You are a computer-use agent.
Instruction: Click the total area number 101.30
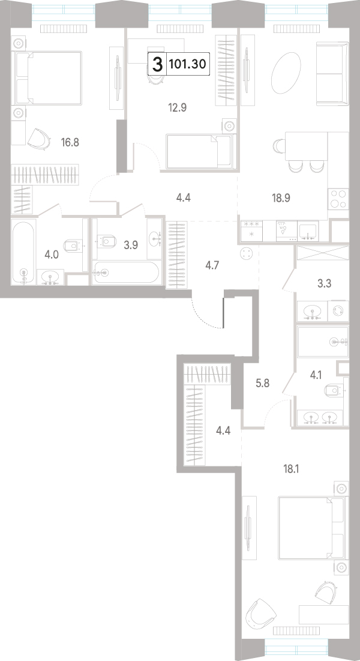(x=187, y=64)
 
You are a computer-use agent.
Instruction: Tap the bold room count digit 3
(x=157, y=64)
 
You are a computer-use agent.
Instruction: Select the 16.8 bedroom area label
(x=70, y=142)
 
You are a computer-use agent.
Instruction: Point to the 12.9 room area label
(x=177, y=108)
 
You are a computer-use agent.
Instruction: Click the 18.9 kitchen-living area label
(x=281, y=198)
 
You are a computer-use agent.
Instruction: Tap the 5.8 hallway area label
(x=262, y=384)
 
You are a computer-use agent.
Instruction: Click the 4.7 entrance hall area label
(x=212, y=265)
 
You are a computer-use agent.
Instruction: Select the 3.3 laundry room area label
(x=324, y=284)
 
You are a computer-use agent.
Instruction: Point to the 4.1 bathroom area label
(x=316, y=375)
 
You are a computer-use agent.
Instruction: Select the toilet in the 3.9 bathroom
(x=107, y=242)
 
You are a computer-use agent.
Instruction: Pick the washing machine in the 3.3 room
(x=338, y=310)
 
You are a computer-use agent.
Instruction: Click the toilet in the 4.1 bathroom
(x=335, y=390)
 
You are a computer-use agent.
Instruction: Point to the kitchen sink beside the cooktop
(x=309, y=231)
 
